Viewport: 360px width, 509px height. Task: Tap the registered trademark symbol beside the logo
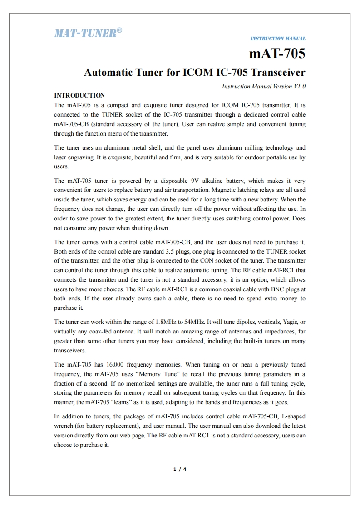pos(119,30)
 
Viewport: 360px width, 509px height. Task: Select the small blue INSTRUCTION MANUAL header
pos(278,39)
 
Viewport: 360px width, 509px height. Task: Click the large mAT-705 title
pos(277,54)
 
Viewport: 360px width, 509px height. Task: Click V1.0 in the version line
pos(300,86)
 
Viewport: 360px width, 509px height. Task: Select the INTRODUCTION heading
pos(79,95)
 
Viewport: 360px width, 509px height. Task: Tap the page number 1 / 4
pos(180,469)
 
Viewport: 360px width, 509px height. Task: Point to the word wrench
pos(64,426)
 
